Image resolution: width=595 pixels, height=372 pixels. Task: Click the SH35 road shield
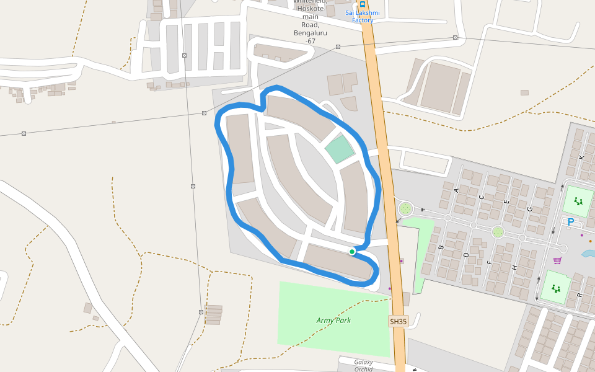[398, 321]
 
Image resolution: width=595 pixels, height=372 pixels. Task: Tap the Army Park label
[333, 321]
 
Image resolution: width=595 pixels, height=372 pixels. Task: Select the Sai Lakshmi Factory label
[363, 16]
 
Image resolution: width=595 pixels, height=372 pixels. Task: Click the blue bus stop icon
[363, 4]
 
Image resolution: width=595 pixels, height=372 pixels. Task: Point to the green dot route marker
[352, 251]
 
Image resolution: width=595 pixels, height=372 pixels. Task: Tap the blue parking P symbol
[571, 221]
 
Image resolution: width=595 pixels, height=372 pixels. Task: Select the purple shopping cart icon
[557, 260]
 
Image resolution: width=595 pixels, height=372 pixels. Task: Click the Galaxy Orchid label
[364, 365]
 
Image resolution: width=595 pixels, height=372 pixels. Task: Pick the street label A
[457, 190]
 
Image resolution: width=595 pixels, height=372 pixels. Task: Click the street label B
[441, 247]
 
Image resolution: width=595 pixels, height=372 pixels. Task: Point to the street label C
[482, 197]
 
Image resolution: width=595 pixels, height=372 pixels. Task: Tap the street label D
[466, 255]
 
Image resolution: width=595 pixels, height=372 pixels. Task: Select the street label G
[530, 210]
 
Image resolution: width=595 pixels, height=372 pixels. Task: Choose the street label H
[514, 267]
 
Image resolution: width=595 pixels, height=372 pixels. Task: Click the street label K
[581, 157]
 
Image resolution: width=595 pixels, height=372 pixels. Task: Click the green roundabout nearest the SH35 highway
[405, 208]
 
